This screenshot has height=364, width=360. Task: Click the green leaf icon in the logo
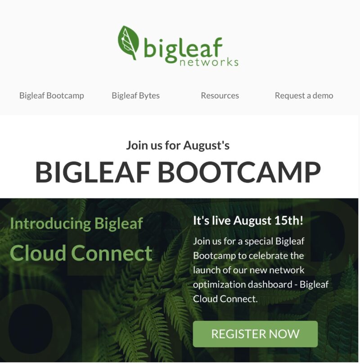pos(128,42)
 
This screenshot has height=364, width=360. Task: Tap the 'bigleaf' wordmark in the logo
pos(183,49)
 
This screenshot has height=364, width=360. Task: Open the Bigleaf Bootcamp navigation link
pos(52,96)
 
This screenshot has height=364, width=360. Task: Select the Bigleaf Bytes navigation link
pos(136,96)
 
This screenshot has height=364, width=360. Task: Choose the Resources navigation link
pos(220,95)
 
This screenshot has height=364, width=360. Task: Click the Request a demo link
pos(304,95)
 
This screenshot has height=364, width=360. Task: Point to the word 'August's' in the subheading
pos(207,146)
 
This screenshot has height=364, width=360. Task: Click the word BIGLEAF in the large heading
pos(93,172)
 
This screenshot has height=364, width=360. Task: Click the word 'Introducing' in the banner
pos(50,224)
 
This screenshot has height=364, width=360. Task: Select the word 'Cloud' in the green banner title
pos(38,253)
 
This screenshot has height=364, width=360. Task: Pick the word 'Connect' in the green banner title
pos(113,253)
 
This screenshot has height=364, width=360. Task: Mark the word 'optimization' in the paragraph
pos(219,285)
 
